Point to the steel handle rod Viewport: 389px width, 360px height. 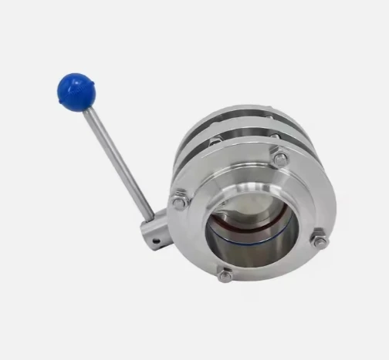tap(116, 158)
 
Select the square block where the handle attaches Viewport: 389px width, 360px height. tap(155, 230)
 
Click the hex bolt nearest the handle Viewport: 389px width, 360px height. tap(179, 201)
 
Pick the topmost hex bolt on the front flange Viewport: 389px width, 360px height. tap(280, 159)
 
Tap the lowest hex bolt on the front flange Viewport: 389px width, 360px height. tap(225, 274)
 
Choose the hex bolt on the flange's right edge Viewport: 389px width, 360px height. tap(319, 240)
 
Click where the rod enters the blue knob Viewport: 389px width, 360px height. tap(84, 108)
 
